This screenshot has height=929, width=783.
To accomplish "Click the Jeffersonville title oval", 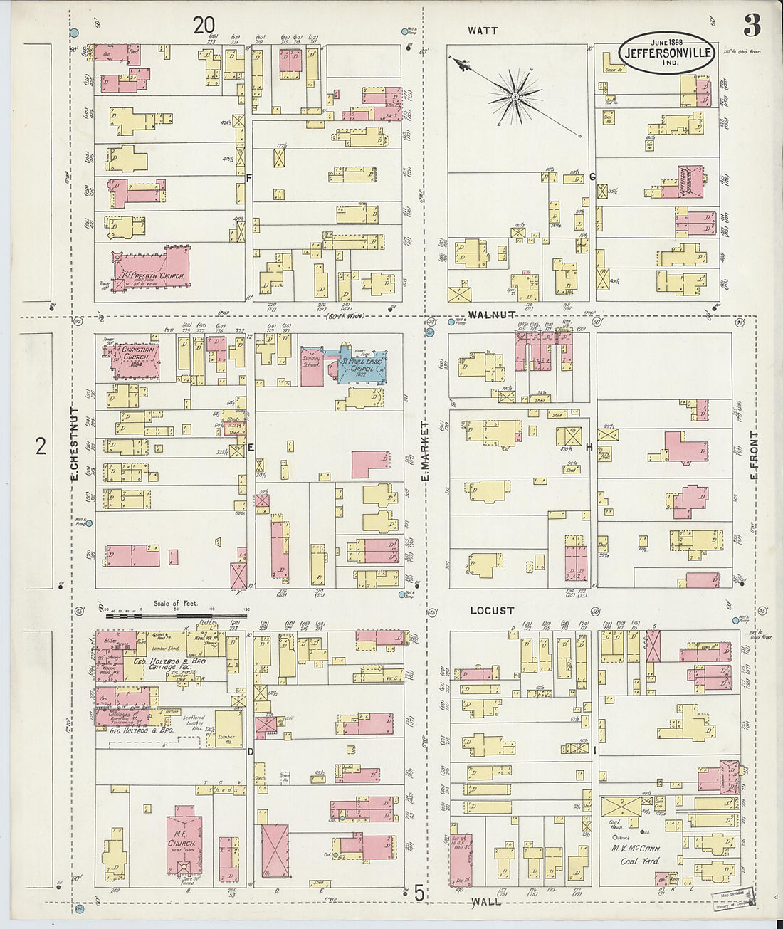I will [666, 53].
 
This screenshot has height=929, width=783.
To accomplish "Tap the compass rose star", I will [514, 95].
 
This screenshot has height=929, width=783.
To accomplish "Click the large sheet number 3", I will [752, 26].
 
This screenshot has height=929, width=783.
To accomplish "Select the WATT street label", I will [483, 31].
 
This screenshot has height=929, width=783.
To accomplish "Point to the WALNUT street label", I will [492, 315].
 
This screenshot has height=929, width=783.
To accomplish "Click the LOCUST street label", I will [491, 611].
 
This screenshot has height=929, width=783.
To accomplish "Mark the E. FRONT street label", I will [753, 456].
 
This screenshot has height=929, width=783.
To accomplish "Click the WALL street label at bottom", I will [485, 901].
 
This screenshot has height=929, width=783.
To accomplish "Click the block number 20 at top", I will [204, 26].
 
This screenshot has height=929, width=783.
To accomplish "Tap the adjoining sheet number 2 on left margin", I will [41, 446].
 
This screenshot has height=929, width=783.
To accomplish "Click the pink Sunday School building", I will [312, 366].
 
